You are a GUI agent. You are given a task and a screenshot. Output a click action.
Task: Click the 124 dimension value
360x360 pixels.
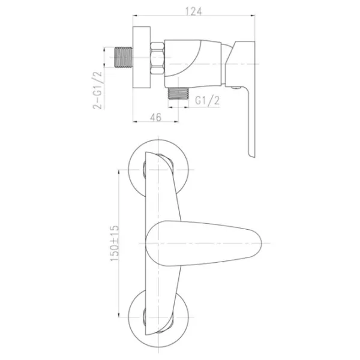pyautogui.click(x=193, y=11)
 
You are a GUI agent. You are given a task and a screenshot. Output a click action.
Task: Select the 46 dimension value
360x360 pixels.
pyautogui.click(x=155, y=118)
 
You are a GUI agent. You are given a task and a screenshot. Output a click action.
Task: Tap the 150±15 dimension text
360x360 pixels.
pyautogui.click(x=115, y=243)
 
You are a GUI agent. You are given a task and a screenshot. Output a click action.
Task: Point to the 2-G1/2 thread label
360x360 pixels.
pyautogui.click(x=97, y=90)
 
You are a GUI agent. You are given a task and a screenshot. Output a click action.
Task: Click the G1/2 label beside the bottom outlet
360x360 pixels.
pyautogui.click(x=208, y=100)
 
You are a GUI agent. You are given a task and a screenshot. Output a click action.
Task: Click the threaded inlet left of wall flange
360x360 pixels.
pyautogui.click(x=123, y=58)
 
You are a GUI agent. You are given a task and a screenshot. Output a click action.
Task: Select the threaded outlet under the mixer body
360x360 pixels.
pyautogui.click(x=178, y=93)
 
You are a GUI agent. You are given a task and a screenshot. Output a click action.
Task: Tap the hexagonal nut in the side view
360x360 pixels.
pyautogui.click(x=157, y=58)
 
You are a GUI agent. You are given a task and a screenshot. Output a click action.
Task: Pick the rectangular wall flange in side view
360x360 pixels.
pyautogui.click(x=142, y=57)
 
